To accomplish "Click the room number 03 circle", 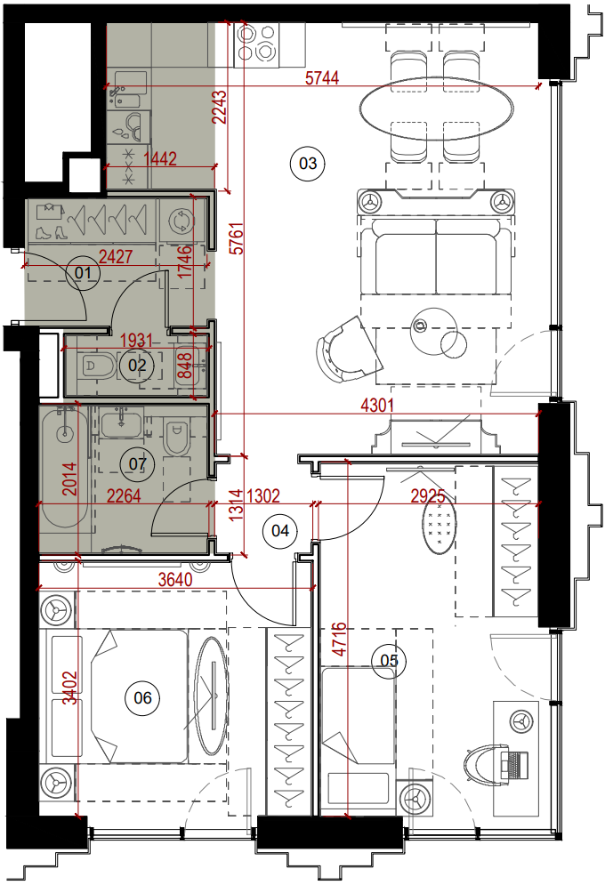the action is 308,164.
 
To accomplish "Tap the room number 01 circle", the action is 83,273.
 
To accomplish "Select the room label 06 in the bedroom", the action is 142,698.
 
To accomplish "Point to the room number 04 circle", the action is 280,530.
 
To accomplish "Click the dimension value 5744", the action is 322,77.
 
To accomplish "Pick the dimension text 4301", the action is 377,406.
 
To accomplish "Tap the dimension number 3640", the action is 175,579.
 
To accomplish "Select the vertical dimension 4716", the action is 339,640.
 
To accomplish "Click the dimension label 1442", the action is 160,158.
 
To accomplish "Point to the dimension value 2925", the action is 428,496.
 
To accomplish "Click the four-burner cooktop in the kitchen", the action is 257,43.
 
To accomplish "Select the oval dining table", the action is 436,109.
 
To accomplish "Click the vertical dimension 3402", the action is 69,688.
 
